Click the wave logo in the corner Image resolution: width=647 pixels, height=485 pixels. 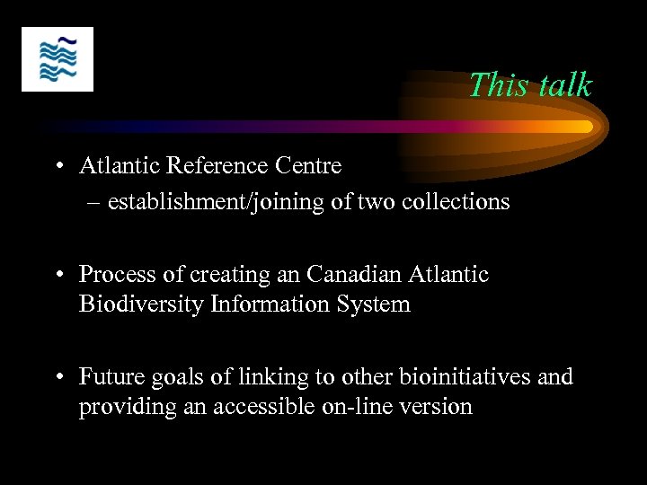click(x=58, y=59)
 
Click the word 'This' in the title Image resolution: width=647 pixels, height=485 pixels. click(x=492, y=85)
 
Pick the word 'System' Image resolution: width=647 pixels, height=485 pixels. click(x=371, y=304)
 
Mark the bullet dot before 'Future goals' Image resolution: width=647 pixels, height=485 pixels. click(x=57, y=377)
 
